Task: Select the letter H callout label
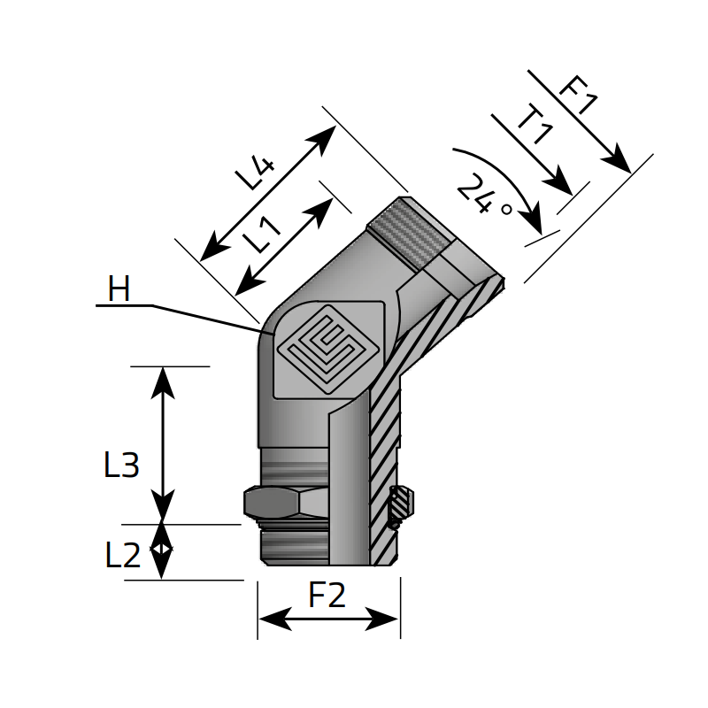click(x=119, y=289)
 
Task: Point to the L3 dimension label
click(x=121, y=466)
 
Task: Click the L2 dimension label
click(x=122, y=556)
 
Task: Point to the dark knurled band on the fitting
click(x=410, y=229)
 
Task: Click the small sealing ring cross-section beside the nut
click(x=401, y=505)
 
